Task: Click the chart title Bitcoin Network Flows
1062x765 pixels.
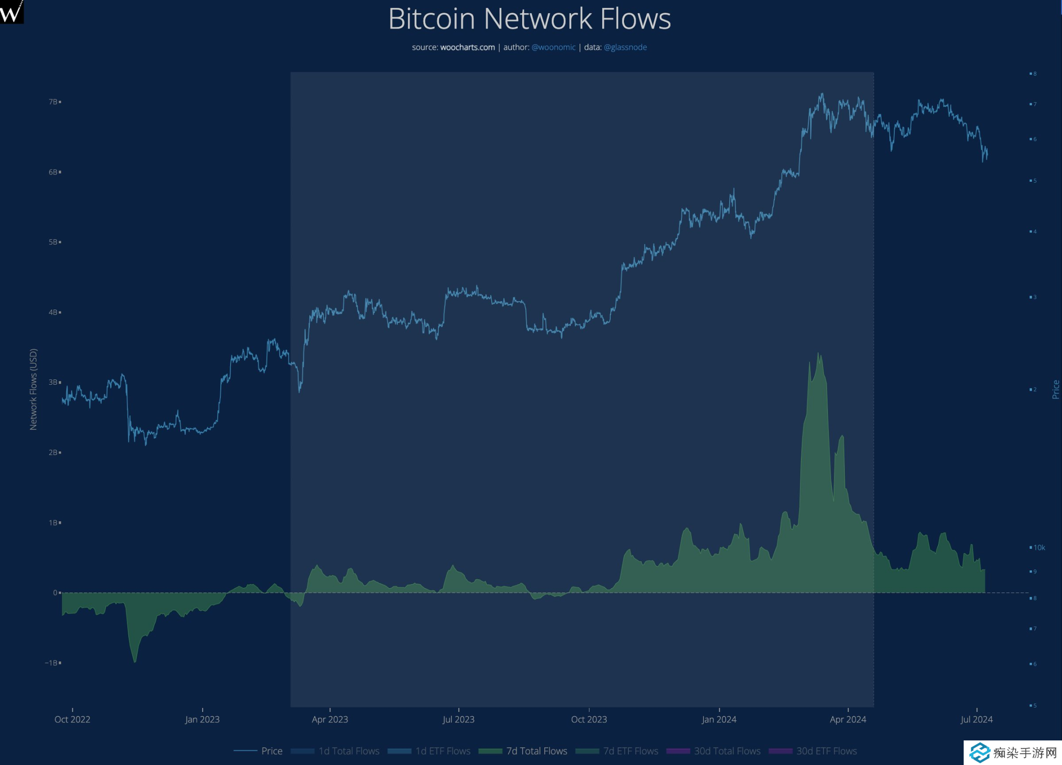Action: [x=530, y=19]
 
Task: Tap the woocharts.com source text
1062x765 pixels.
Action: [x=467, y=47]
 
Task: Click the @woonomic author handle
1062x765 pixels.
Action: [x=553, y=47]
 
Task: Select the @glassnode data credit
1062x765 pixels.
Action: [x=625, y=47]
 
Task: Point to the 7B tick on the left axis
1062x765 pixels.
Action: [x=54, y=102]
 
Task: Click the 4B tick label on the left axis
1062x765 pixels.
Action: [x=54, y=312]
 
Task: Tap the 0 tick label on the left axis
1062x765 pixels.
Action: [x=55, y=593]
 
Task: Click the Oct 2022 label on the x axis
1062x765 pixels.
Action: [x=72, y=719]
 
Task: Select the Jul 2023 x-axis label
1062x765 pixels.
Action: [x=458, y=719]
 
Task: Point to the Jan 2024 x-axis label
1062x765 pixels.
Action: [x=719, y=719]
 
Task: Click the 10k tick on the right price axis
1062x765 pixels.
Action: [x=1039, y=547]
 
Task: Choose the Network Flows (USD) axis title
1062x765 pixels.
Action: [x=33, y=389]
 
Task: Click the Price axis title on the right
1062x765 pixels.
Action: [x=1056, y=389]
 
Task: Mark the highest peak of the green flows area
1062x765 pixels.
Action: [x=818, y=354]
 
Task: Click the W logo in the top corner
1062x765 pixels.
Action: [x=11, y=11]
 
